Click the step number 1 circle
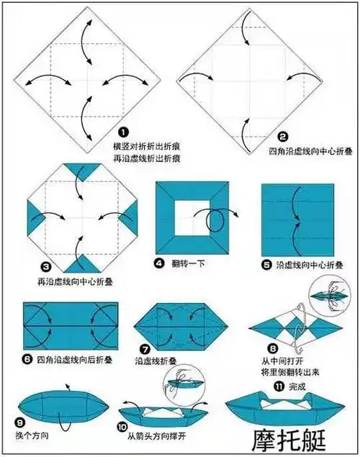coord(123,132)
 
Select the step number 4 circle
coord(160,264)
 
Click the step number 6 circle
coord(29,357)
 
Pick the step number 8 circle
coord(274,346)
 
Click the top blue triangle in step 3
coord(86,173)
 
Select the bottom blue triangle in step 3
coord(86,263)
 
